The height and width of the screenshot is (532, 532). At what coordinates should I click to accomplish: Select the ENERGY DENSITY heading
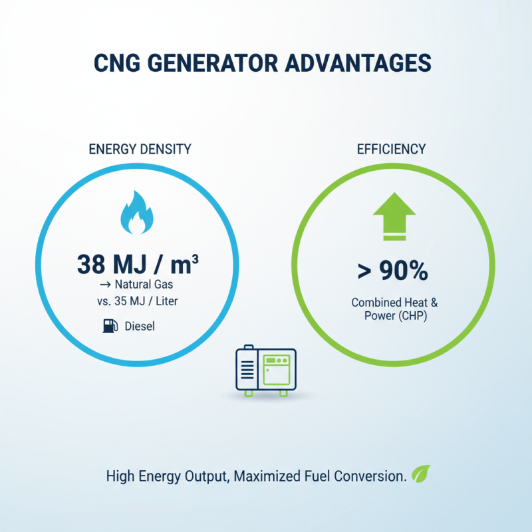click(140, 150)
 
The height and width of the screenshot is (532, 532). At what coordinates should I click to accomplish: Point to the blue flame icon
click(137, 215)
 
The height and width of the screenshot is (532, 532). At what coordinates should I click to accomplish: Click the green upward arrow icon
click(394, 216)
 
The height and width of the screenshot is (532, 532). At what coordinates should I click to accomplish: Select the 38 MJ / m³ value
click(138, 265)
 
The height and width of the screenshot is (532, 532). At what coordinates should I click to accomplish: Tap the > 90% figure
click(394, 271)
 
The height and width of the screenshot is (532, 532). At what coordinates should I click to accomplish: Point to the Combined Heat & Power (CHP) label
click(394, 309)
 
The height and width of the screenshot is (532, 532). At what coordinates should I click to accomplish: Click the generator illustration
click(264, 371)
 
